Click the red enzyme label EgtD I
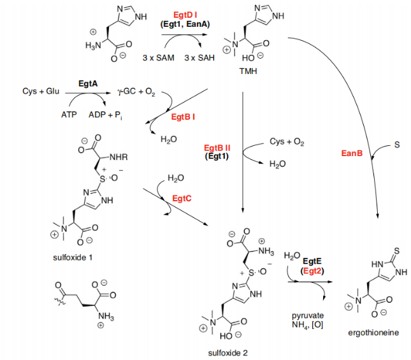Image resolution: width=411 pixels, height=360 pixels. click(x=185, y=14)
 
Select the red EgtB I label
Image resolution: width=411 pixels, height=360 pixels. click(x=183, y=117)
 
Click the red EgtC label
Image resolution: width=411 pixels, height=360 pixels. click(x=182, y=199)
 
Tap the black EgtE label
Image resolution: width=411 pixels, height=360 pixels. click(x=312, y=261)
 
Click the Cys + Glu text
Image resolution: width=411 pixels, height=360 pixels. click(x=41, y=92)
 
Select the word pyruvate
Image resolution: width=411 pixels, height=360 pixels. click(x=308, y=316)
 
